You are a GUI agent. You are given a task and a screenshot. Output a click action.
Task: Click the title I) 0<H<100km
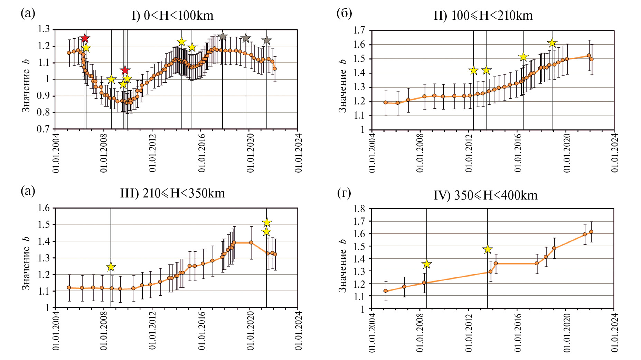click(x=172, y=16)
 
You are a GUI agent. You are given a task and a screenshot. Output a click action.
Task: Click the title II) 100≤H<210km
click(x=483, y=16)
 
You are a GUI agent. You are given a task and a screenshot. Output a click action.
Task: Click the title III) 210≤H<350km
click(x=172, y=193)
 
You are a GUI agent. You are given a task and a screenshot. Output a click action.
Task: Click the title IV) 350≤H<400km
click(x=486, y=195)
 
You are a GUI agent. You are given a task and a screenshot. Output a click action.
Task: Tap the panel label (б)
click(x=344, y=13)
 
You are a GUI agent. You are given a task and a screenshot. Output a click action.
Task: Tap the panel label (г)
click(x=344, y=193)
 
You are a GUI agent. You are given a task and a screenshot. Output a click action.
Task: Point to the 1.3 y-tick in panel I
click(x=44, y=29)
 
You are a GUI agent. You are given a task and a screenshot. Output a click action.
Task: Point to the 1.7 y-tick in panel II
click(x=359, y=30)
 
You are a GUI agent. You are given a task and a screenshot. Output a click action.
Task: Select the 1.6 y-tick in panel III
click(x=44, y=208)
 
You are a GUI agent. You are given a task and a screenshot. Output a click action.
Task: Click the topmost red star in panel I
click(x=85, y=38)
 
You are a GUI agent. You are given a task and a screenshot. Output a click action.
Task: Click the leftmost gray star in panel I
click(x=223, y=36)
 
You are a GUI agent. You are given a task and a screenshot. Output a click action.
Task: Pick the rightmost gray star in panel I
click(x=266, y=40)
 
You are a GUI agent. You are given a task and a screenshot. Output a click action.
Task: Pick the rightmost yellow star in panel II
click(x=552, y=43)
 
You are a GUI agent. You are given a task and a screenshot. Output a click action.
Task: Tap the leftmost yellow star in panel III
click(x=111, y=267)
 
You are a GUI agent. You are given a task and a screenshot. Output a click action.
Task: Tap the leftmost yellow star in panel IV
click(x=427, y=264)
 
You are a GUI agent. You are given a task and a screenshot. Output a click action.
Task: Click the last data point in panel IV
click(x=591, y=232)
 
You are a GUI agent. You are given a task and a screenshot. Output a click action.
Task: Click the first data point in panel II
click(x=386, y=102)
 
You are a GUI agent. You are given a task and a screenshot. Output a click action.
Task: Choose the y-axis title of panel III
click(x=26, y=263)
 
